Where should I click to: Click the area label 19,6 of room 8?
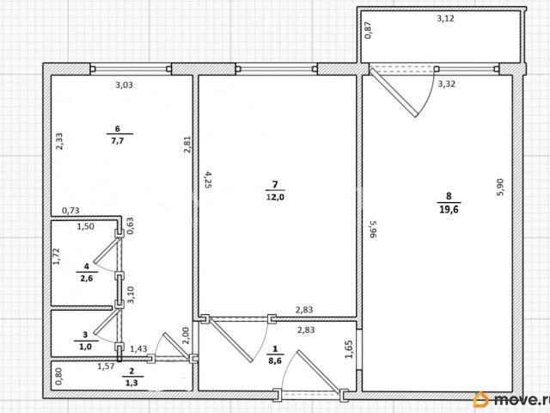pyautogui.click(x=449, y=210)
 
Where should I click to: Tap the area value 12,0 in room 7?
pyautogui.click(x=275, y=197)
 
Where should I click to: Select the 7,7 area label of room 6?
pyautogui.click(x=118, y=141)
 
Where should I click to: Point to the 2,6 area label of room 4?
pyautogui.click(x=87, y=279)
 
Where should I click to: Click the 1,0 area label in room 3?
pyautogui.click(x=85, y=347)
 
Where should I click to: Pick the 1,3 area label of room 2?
pyautogui.click(x=131, y=383)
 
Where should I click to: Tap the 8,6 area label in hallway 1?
pyautogui.click(x=275, y=361)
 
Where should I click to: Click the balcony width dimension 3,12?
pyautogui.click(x=445, y=19)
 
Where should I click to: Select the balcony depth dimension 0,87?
pyautogui.click(x=368, y=30)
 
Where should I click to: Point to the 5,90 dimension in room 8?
pyautogui.click(x=500, y=188)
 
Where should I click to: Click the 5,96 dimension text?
pyautogui.click(x=373, y=229)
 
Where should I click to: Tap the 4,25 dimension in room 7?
pyautogui.click(x=208, y=180)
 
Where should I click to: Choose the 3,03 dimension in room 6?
pyautogui.click(x=124, y=85)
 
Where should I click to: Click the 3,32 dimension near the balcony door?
pyautogui.click(x=447, y=84)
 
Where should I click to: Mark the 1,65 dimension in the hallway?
pyautogui.click(x=349, y=350)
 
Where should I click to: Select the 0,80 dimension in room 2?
pyautogui.click(x=58, y=376)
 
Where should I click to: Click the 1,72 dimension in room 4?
pyautogui.click(x=57, y=256)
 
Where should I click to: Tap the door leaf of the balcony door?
pyautogui.click(x=394, y=92)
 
